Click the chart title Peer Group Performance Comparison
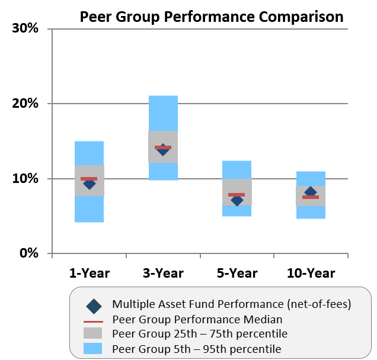[x=212, y=17]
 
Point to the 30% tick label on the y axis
[x=25, y=28]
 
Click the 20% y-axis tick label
[x=25, y=104]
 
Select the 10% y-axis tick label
[x=25, y=179]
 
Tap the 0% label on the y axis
[x=29, y=253]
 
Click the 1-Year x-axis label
[x=90, y=273]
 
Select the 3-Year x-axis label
[x=163, y=273]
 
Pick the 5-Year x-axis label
[x=237, y=273]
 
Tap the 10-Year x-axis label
[x=311, y=273]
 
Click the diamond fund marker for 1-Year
[x=90, y=184]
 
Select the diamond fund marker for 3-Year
[x=163, y=150]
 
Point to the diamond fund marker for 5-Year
[x=237, y=200]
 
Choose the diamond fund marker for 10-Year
[x=311, y=192]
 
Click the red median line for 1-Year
[x=90, y=179]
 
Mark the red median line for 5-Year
[x=237, y=195]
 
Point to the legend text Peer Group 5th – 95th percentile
[x=196, y=348]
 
